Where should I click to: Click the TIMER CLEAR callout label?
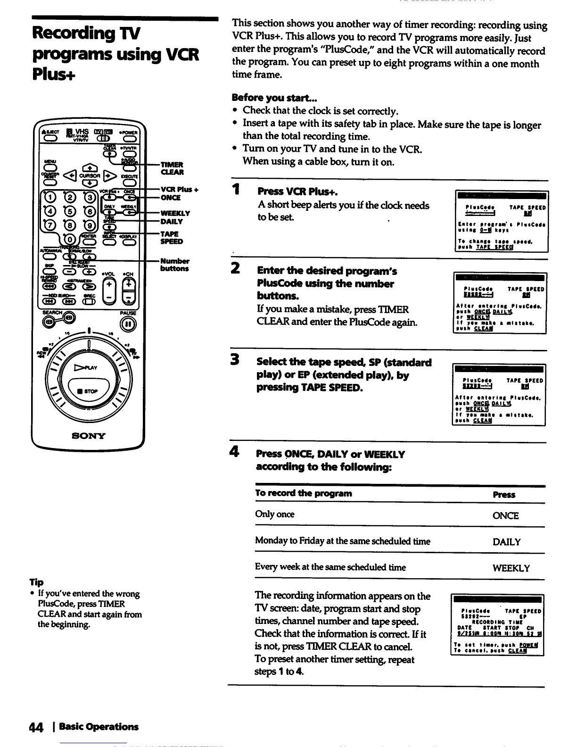172,168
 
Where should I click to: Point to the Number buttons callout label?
174,265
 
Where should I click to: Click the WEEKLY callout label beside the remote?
175,213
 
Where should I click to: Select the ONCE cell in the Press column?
505,515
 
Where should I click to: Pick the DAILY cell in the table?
507,542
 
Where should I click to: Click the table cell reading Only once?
275,514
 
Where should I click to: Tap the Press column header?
504,495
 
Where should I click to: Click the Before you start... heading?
274,98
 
